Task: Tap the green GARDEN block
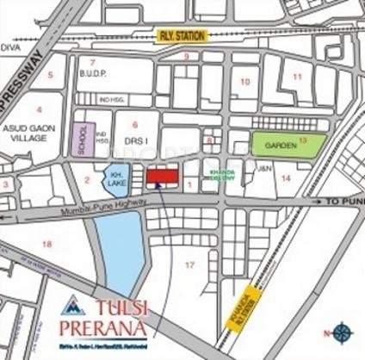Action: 288,144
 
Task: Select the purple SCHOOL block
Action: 84,140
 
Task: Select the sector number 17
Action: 190,264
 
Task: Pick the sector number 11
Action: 296,77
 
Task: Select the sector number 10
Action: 244,83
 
